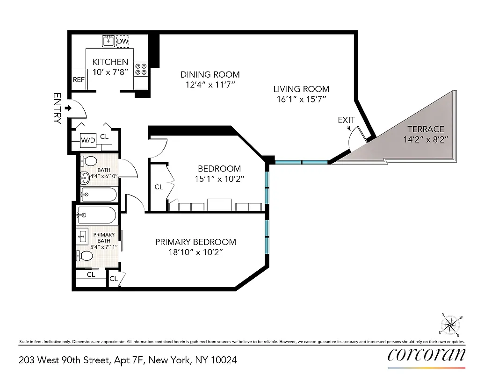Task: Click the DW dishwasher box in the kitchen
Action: [123, 42]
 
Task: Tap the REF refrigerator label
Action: [79, 80]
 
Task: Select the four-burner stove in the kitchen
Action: [141, 69]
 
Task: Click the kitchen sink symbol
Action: [108, 41]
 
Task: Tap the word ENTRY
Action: [58, 108]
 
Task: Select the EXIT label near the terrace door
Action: [347, 120]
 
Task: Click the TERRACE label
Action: [425, 129]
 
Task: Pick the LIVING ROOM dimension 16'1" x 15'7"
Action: [301, 99]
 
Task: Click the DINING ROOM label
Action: [210, 74]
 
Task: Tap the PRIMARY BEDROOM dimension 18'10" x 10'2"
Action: [195, 252]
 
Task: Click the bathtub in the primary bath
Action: [97, 215]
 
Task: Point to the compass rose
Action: [450, 324]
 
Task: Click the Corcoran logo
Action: [426, 355]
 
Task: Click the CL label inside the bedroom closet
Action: [159, 187]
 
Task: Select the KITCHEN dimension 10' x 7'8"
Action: [110, 72]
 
